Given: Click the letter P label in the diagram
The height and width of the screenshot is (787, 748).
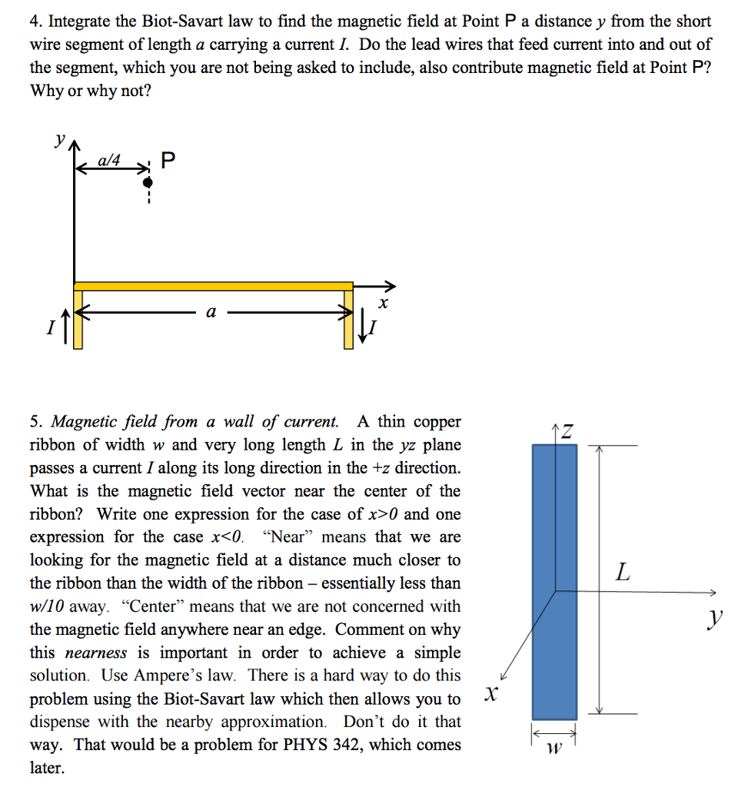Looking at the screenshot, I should point(169,161).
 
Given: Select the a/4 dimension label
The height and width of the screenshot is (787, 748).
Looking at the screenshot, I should point(110,160).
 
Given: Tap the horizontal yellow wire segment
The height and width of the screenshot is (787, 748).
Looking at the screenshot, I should point(213,286).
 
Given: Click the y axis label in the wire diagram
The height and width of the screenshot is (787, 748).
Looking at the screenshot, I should point(58,140).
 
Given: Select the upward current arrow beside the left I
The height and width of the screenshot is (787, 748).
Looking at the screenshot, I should point(65,324).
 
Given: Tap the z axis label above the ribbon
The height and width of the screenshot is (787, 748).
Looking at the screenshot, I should point(567,432).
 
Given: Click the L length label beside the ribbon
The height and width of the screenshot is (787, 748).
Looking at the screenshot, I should point(623,572).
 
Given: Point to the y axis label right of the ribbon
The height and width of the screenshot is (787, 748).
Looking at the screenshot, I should point(716,616).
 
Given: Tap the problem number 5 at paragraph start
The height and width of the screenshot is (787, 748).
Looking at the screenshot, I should point(35,422).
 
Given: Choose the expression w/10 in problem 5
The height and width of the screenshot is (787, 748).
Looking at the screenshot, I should point(47,606).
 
